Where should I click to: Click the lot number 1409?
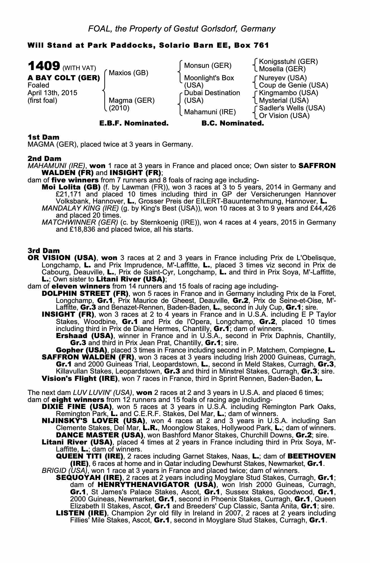point(43,66)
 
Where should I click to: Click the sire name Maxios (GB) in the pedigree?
point(128,73)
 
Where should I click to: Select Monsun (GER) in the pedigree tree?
point(208,66)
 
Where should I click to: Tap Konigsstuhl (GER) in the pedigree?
point(288,61)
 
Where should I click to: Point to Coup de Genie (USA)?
point(293,85)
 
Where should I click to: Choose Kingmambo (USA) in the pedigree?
point(289,93)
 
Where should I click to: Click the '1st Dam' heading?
point(43,137)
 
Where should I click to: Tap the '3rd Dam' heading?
point(44,251)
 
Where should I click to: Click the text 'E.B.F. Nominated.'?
point(134,123)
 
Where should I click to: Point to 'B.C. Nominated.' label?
point(233,123)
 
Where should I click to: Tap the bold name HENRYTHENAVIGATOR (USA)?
point(157,485)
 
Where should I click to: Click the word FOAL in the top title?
point(97,29)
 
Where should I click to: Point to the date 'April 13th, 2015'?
point(52,93)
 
